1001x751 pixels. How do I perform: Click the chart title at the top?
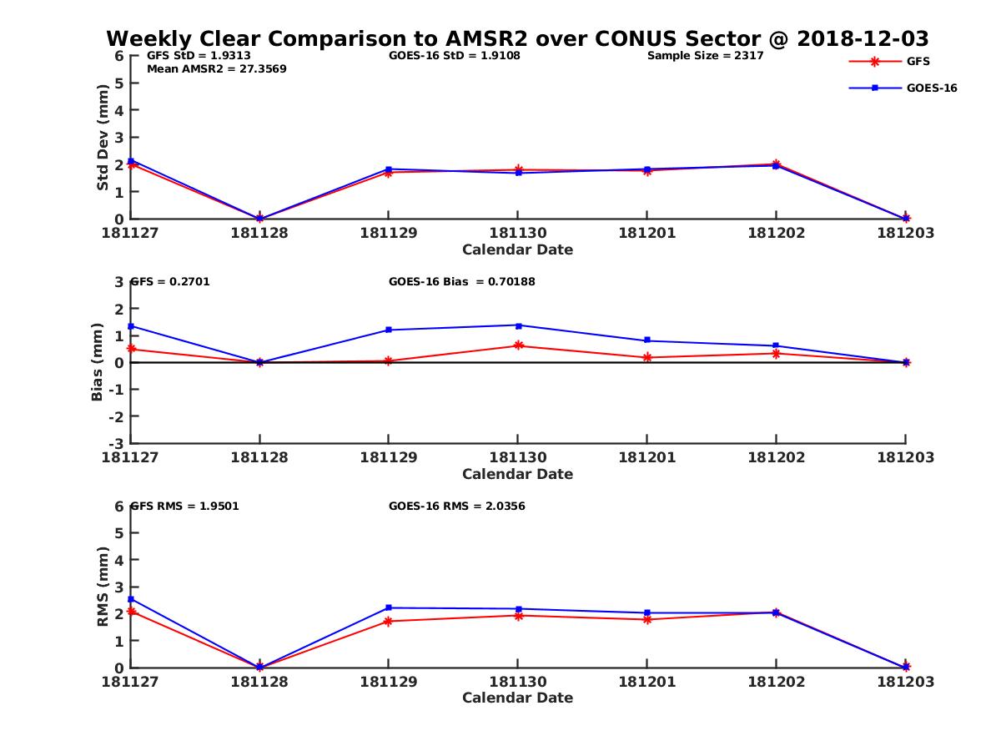(x=517, y=39)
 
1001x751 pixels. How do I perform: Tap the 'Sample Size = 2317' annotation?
(x=705, y=56)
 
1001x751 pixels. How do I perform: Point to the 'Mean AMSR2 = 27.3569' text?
(x=216, y=69)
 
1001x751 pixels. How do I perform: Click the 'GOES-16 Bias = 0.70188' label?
(x=461, y=282)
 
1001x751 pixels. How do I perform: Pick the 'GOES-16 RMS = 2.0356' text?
(x=456, y=506)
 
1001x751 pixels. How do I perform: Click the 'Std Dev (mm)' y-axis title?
(x=103, y=138)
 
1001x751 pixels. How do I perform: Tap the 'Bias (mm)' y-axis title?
(x=98, y=362)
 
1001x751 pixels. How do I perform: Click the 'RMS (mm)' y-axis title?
(x=103, y=587)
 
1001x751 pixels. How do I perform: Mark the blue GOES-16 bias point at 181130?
(x=518, y=325)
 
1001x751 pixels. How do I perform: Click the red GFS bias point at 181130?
(x=518, y=345)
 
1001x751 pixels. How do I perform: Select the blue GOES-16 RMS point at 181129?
(x=389, y=607)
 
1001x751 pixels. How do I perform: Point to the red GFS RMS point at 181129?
(x=389, y=621)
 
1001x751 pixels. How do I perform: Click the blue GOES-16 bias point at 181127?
(x=131, y=326)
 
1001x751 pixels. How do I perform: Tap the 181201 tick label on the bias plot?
(x=646, y=457)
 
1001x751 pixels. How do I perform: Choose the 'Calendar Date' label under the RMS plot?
(x=517, y=698)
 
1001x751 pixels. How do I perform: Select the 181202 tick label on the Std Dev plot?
(x=776, y=233)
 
